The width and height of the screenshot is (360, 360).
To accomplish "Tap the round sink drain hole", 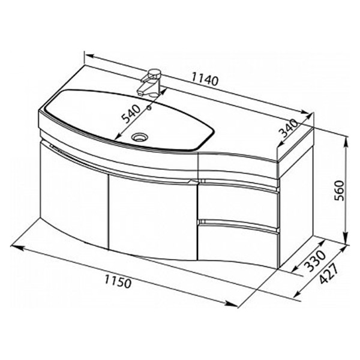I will click(142, 137).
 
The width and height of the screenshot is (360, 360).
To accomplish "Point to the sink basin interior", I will click(120, 120).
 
